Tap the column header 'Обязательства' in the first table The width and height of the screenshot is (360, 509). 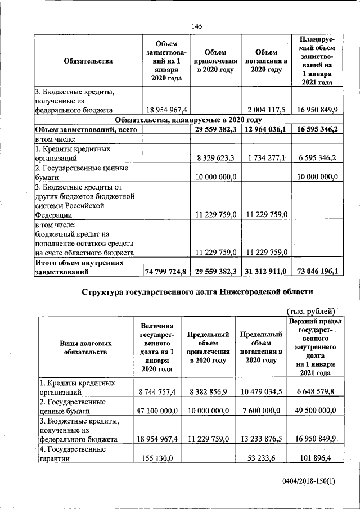click(88, 61)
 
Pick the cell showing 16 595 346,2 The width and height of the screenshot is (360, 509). click(315, 129)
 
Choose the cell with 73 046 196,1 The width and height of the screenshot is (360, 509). click(315, 272)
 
